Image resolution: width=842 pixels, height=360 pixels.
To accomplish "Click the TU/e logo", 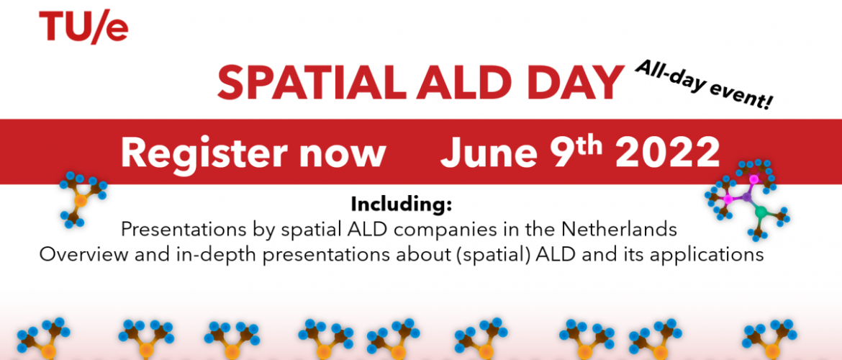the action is pyautogui.click(x=83, y=27).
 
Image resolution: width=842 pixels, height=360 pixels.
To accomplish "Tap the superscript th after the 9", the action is pyautogui.click(x=591, y=145).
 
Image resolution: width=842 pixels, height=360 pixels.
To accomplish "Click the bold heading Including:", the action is pyautogui.click(x=402, y=205).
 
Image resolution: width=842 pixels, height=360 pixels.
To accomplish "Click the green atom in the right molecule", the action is pyautogui.click(x=761, y=212).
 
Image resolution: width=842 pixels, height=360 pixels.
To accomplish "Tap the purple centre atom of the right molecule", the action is pyautogui.click(x=746, y=197).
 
